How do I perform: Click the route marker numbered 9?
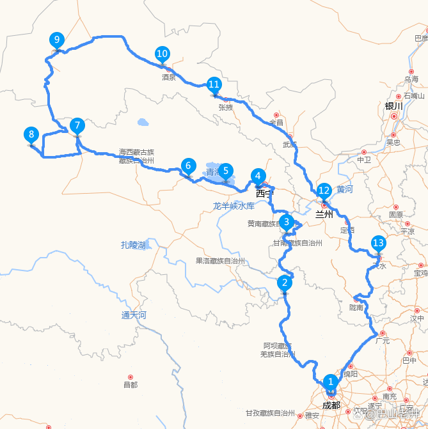click(57, 40)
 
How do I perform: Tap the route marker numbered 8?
click(31, 134)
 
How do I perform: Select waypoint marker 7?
click(77, 125)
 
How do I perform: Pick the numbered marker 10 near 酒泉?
click(162, 54)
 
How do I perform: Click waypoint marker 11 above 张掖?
click(214, 84)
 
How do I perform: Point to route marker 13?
click(378, 243)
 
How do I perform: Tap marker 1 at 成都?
click(331, 382)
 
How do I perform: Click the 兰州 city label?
click(324, 215)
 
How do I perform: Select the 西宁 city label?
click(264, 192)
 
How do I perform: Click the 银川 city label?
click(393, 106)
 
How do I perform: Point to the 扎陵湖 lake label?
click(133, 245)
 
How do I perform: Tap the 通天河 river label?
click(134, 315)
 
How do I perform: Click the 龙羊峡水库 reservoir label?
click(234, 206)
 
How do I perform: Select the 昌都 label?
click(130, 385)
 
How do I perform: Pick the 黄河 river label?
click(345, 189)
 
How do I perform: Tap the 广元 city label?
click(383, 341)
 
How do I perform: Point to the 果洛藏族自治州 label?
click(220, 261)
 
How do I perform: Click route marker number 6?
click(187, 166)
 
